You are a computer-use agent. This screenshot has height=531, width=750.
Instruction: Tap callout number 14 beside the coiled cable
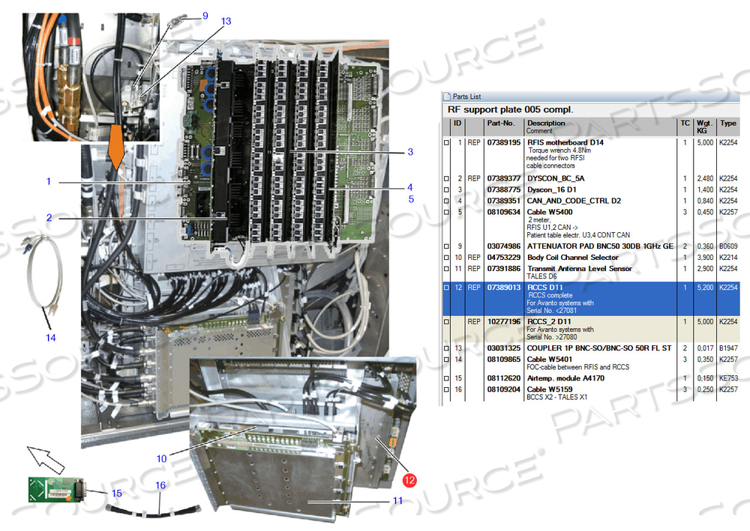point(50,338)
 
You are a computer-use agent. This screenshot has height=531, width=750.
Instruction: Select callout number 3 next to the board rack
point(410,152)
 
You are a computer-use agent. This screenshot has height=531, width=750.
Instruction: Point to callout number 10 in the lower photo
point(162,458)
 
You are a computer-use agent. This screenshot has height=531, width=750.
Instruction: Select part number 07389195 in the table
point(503,142)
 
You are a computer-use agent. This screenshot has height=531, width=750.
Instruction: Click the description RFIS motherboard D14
point(565,142)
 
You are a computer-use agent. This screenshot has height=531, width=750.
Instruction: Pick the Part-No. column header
point(500,124)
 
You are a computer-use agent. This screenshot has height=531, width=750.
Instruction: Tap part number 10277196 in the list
point(503,322)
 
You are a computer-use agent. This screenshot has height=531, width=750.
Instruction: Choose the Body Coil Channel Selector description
point(573,257)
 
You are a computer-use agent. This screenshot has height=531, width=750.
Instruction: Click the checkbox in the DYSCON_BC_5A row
point(448,178)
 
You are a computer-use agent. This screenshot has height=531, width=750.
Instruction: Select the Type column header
point(727,124)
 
